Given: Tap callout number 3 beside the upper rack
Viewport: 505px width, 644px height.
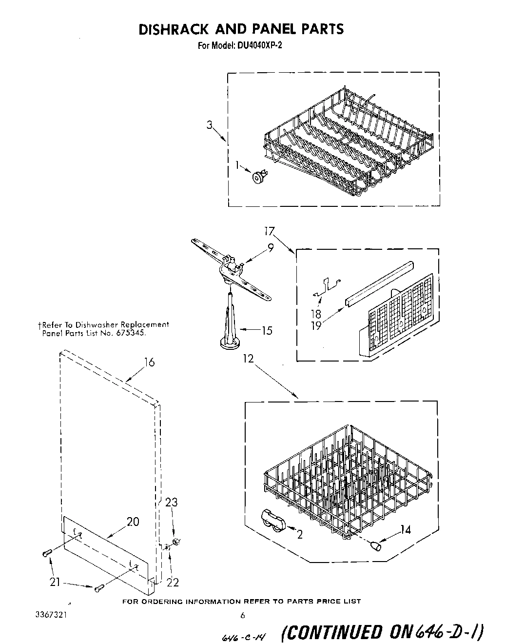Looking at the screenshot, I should pyautogui.click(x=209, y=125).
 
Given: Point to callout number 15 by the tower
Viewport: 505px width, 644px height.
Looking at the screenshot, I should pyautogui.click(x=267, y=330).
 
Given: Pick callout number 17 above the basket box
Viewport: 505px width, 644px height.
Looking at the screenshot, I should pyautogui.click(x=270, y=231).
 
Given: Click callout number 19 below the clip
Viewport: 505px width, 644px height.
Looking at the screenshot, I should pyautogui.click(x=316, y=325).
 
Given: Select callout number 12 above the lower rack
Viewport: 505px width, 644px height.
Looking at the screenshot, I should pyautogui.click(x=249, y=359).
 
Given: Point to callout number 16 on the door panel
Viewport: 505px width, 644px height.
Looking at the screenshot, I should pyautogui.click(x=149, y=362).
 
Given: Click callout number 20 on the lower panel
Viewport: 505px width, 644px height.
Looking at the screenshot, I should pyautogui.click(x=133, y=522).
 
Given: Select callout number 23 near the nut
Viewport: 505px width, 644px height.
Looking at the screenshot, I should pyautogui.click(x=171, y=502).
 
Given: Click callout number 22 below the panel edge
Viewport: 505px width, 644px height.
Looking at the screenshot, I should pyautogui.click(x=173, y=582).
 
